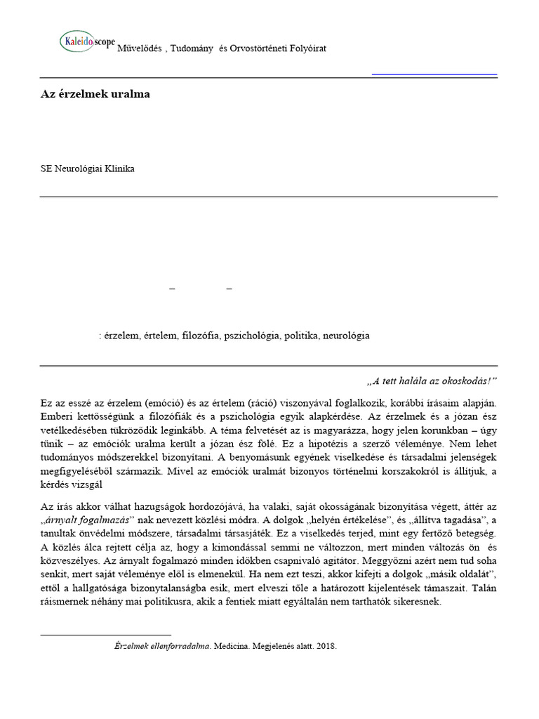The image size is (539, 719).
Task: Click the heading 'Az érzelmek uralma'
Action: tap(94, 94)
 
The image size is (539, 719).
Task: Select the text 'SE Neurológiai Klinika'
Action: tap(88, 169)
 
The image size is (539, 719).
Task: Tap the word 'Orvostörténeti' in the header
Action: tap(258, 48)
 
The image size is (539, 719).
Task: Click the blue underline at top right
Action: tap(434, 74)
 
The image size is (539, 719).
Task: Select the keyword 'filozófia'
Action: tap(202, 336)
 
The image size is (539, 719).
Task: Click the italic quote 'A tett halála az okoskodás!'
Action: tap(432, 381)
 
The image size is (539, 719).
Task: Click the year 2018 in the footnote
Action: tap(326, 645)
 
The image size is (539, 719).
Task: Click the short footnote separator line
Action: tap(105, 635)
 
